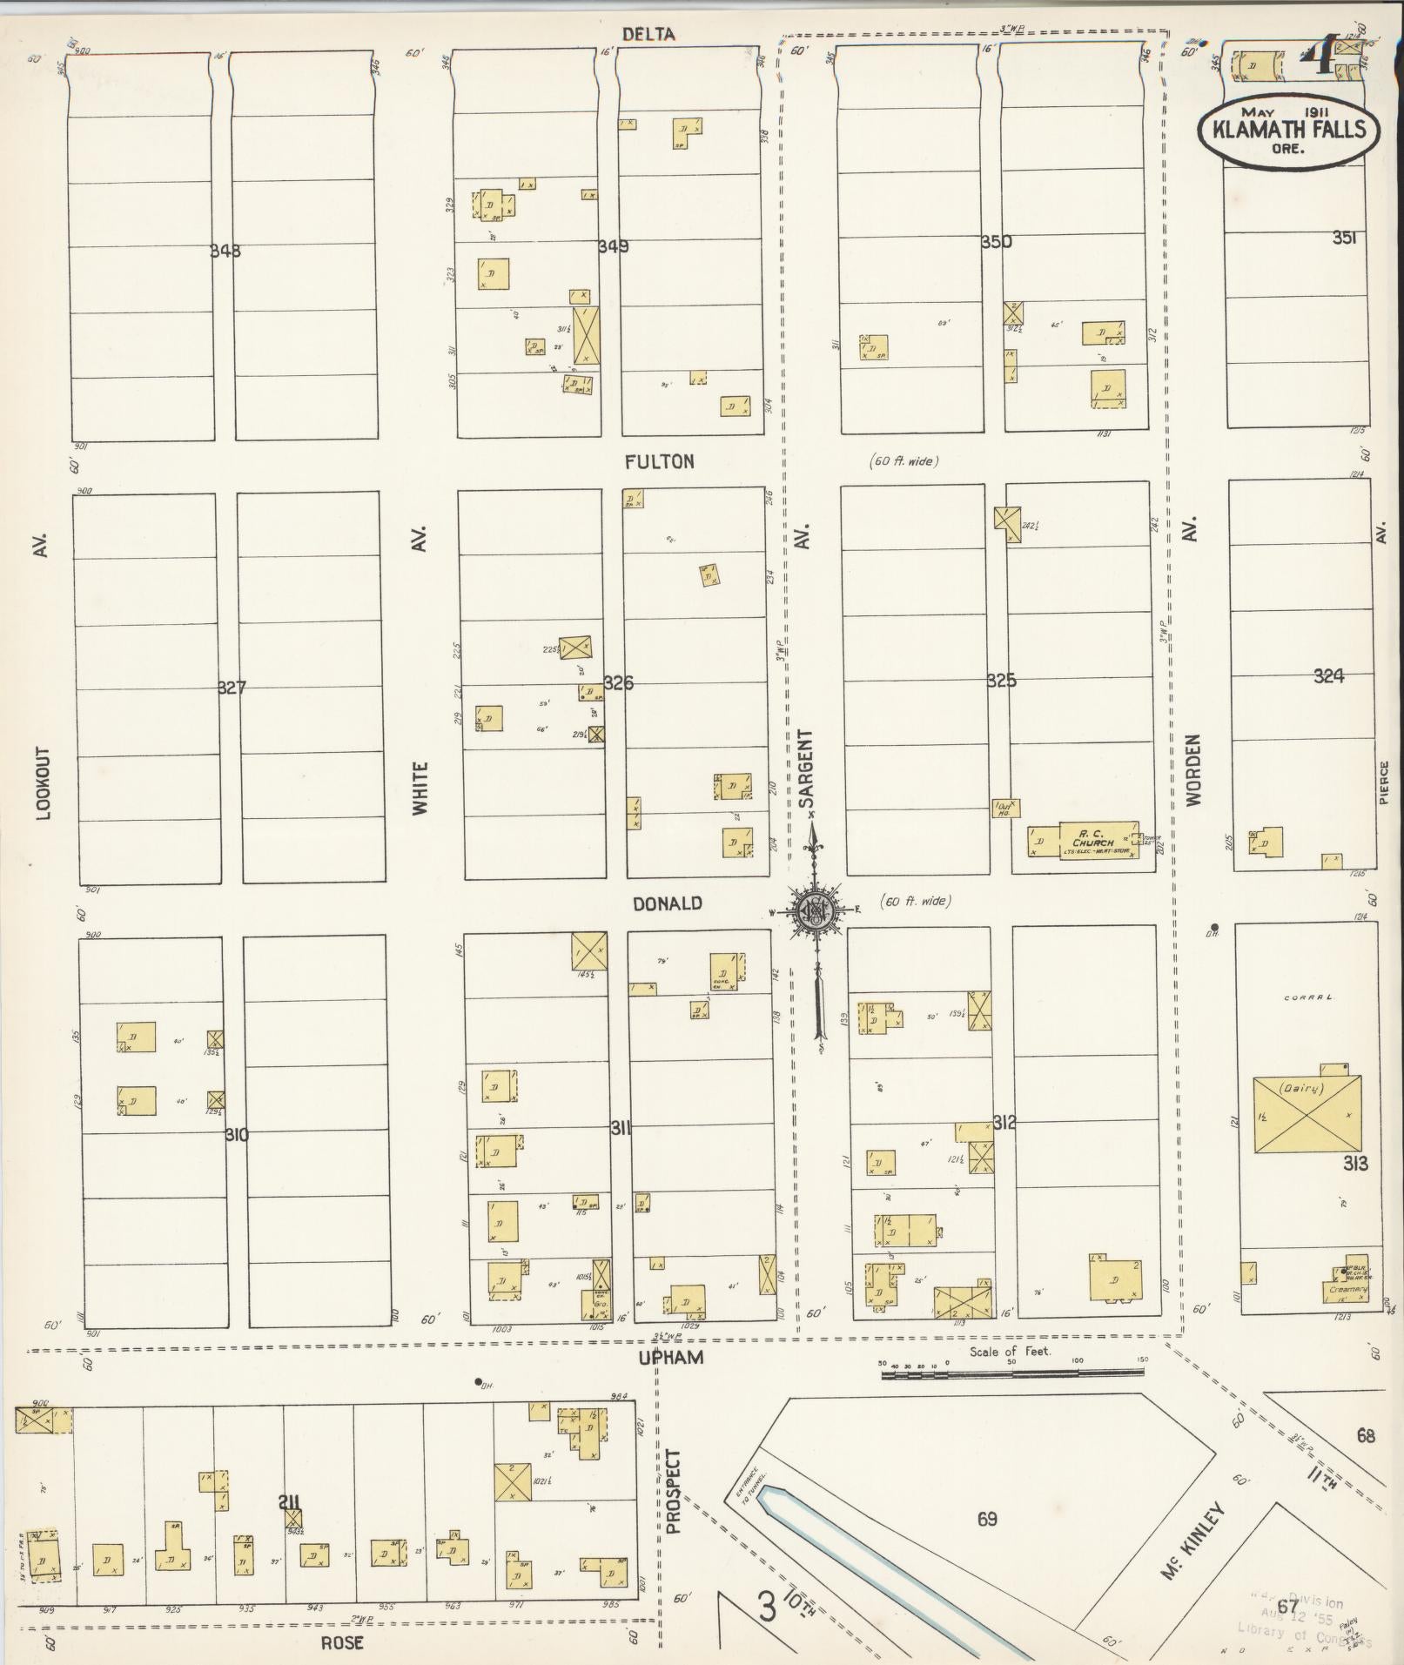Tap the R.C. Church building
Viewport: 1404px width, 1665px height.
point(1092,842)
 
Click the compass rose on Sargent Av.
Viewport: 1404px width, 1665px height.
point(816,911)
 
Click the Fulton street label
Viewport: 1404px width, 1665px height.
point(661,462)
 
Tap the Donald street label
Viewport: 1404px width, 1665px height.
point(668,903)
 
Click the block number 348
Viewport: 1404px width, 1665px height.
point(225,252)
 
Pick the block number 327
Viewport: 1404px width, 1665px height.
point(232,688)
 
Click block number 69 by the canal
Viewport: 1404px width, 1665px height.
point(987,1519)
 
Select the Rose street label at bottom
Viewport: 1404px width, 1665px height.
point(342,1643)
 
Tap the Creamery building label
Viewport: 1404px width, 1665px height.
point(1347,1289)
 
